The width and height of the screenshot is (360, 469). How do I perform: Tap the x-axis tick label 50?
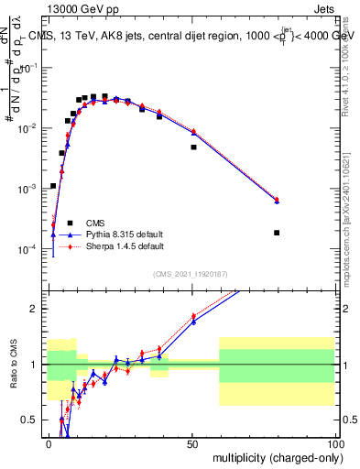(x=192, y=442)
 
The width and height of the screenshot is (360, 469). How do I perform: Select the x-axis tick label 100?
(x=334, y=442)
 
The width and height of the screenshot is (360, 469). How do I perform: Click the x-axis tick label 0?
(x=49, y=442)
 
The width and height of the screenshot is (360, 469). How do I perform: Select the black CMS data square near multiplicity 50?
(x=193, y=147)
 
